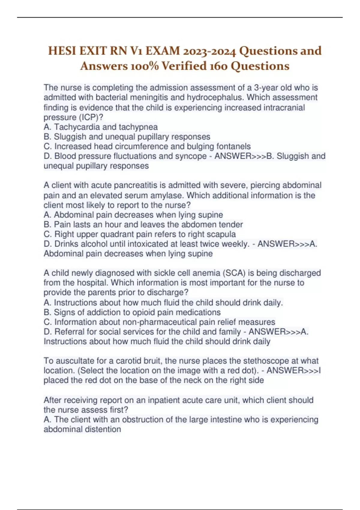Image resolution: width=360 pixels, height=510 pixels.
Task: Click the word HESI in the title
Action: click(62, 51)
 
